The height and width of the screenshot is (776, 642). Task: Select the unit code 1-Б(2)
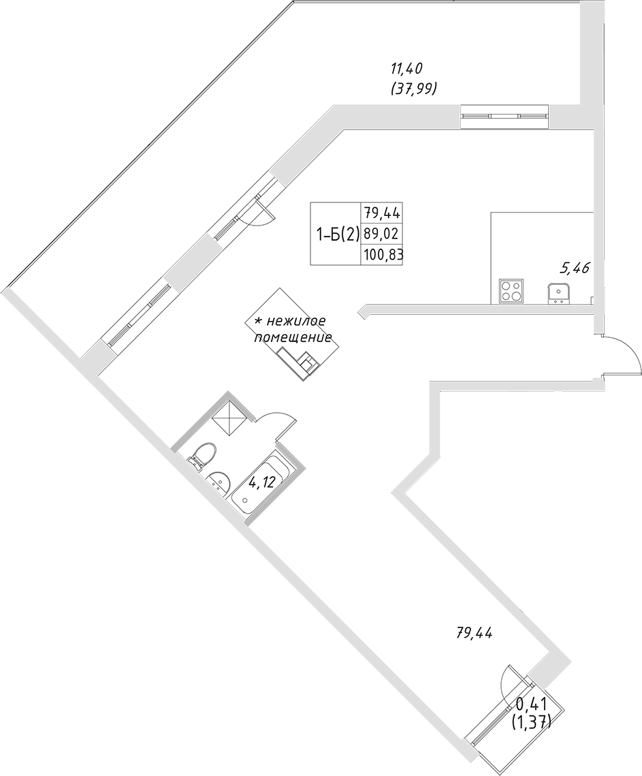coord(334,234)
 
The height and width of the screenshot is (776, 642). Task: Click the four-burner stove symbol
coord(510,291)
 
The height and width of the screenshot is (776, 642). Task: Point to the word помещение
coord(293,337)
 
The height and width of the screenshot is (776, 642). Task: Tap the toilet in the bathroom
coord(202,454)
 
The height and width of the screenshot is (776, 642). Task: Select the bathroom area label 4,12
coord(261,483)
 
